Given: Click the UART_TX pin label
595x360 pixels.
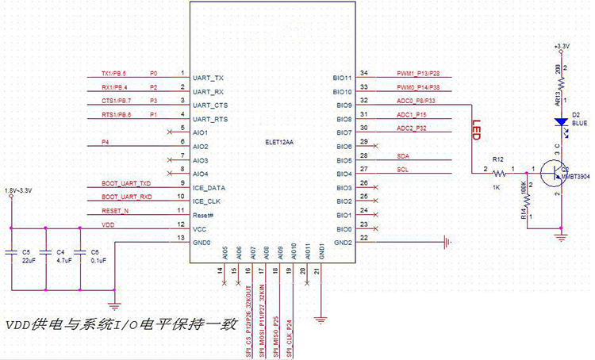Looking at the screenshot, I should (x=209, y=79).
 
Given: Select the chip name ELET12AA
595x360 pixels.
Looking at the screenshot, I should (x=280, y=144).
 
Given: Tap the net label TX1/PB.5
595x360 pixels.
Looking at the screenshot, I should (x=119, y=72).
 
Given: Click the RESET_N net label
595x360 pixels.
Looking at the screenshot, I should (x=115, y=211).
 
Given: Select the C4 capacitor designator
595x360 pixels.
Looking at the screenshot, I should (x=62, y=251).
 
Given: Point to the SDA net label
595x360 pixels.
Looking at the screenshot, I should (x=403, y=155).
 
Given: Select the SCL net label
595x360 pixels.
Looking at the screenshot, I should (x=403, y=169).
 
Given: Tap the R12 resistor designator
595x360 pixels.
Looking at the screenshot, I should (x=497, y=158).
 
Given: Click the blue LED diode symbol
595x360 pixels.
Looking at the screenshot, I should (x=561, y=122).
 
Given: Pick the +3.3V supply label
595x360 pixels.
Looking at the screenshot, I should (x=561, y=46).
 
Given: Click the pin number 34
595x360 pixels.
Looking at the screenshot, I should (x=364, y=73).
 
